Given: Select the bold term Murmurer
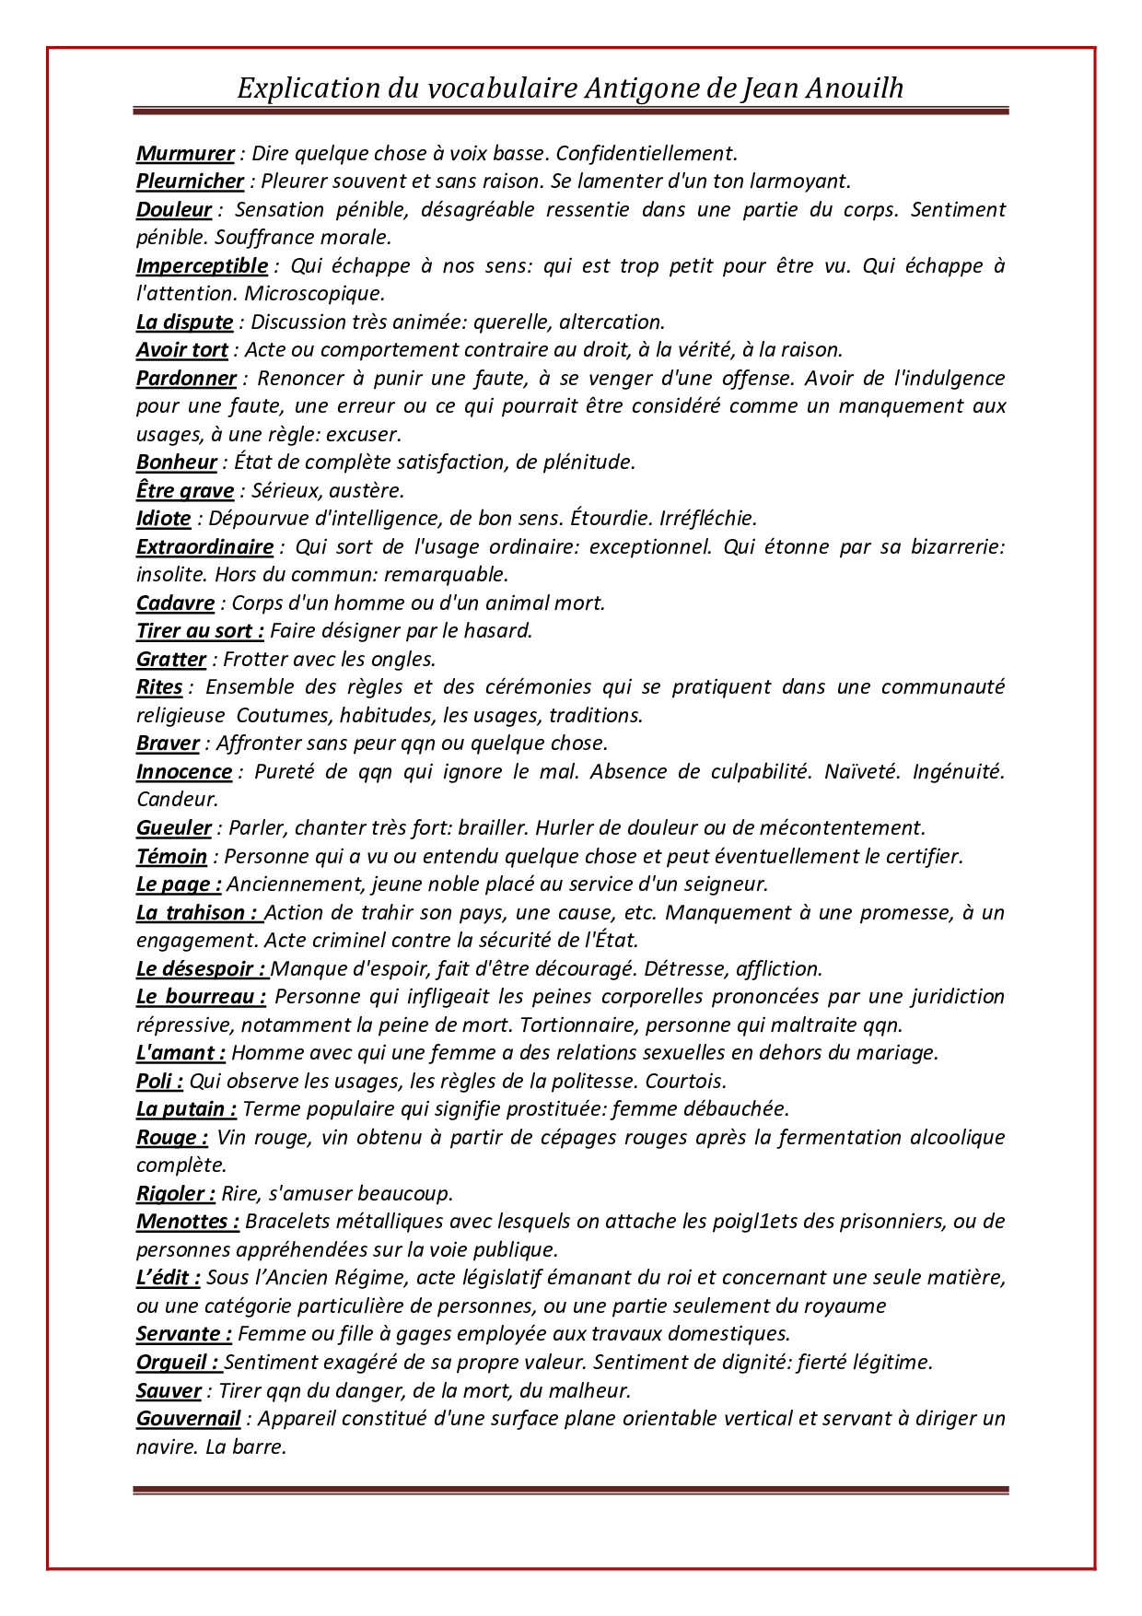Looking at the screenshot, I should coord(185,153).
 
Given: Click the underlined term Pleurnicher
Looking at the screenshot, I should coord(190,181).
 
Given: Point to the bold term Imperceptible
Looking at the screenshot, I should coord(202,265).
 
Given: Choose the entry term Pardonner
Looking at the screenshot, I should coord(186,378).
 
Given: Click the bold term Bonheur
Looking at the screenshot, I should coord(177,462).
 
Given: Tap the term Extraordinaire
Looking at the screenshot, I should coord(204,546).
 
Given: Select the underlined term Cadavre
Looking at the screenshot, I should coord(175,603).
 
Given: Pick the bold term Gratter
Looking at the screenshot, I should coord(171,659).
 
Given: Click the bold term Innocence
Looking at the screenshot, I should coord(184,771).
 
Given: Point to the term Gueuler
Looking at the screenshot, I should coord(174,827).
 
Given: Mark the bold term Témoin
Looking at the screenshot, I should coord(172,856).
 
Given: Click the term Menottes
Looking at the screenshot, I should coord(187,1221).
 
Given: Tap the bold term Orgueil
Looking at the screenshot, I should coord(177,1362).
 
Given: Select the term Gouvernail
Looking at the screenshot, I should coord(188,1418).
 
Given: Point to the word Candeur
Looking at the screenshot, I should coord(177,799).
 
